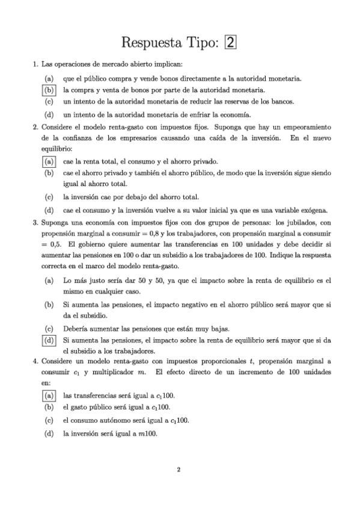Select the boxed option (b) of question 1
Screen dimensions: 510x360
click(49, 90)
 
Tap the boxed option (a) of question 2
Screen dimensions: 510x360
click(49, 161)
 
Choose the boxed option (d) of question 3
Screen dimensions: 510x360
click(49, 340)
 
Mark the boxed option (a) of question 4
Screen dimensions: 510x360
click(49, 395)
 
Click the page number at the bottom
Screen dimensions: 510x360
click(179, 470)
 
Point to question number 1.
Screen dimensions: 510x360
click(35, 64)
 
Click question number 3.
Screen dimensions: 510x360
click(35, 222)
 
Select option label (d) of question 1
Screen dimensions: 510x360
click(49, 114)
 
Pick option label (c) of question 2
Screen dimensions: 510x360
click(49, 197)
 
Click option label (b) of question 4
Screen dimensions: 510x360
click(49, 407)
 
